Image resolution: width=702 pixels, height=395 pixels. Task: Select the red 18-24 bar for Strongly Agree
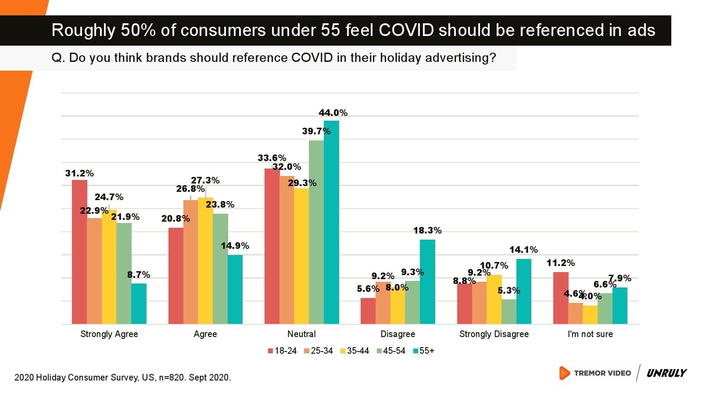coord(79,252)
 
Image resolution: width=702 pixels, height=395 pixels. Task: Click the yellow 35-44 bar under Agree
coord(205,261)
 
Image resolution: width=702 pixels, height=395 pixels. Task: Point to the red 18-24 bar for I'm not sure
coord(561,298)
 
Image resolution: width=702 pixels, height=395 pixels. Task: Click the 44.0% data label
coord(333,113)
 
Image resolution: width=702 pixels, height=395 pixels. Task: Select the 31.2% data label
coord(79,173)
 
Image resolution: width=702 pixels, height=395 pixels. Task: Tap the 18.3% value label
coord(427,230)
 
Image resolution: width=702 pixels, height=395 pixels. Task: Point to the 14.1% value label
coord(523,250)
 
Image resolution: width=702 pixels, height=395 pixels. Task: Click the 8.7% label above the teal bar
coord(139,275)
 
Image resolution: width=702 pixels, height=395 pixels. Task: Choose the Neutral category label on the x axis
coord(301,334)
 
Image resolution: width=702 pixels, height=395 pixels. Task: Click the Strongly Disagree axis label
coord(494,334)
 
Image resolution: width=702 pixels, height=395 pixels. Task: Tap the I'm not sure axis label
coord(590,334)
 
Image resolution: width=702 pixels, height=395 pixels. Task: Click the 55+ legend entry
coord(424,351)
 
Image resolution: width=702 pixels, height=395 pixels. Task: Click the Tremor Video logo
coord(595,373)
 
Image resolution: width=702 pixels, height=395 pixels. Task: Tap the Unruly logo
coord(666,373)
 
